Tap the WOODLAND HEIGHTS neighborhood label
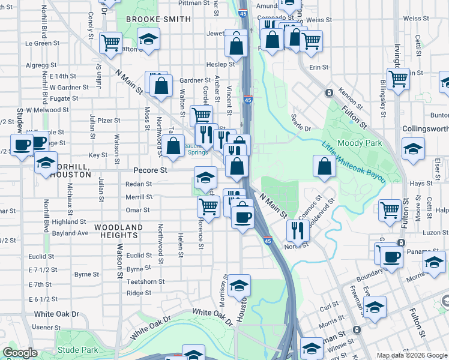(118, 232)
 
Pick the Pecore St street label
(148, 170)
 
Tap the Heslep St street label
(220, 64)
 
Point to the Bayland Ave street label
(70, 233)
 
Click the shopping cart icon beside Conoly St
(110, 42)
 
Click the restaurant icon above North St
(297, 229)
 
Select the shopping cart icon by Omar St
(209, 206)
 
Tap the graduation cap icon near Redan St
(205, 178)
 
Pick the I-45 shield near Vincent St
(248, 100)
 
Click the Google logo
(20, 353)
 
